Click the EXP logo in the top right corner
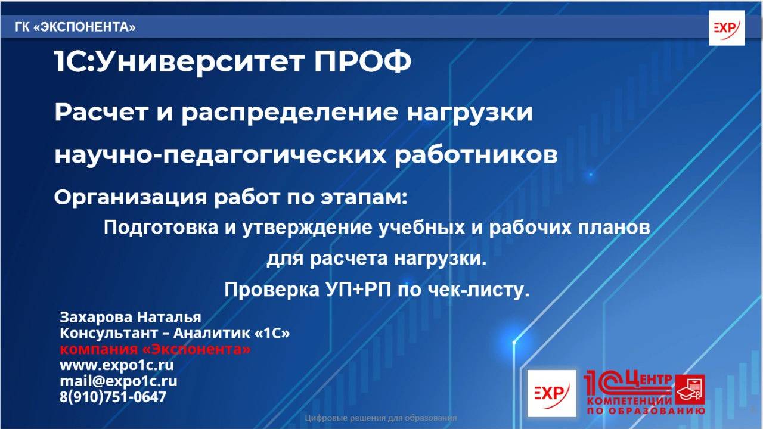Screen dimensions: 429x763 click(x=726, y=28)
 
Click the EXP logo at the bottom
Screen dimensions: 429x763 click(x=551, y=393)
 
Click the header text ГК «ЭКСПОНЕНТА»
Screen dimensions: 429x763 click(x=75, y=27)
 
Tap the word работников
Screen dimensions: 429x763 click(x=476, y=155)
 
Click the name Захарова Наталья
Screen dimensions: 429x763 click(x=130, y=317)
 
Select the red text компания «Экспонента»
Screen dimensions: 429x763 click(x=155, y=349)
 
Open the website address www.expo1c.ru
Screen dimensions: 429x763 click(x=117, y=365)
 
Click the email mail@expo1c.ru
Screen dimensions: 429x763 click(x=118, y=381)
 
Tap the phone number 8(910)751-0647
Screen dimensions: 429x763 click(x=113, y=397)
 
